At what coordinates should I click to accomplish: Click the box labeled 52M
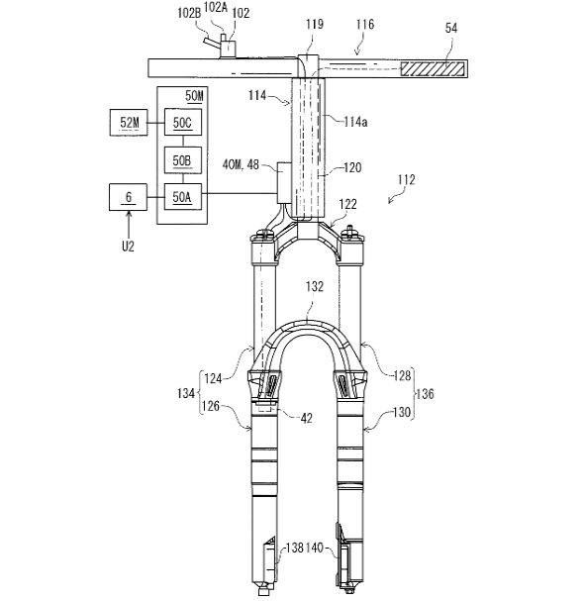tap(129, 122)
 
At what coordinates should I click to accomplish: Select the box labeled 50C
tap(183, 122)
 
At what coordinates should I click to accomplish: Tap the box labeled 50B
tap(183, 159)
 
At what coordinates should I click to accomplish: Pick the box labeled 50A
tap(183, 197)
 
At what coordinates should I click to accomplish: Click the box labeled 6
tap(128, 197)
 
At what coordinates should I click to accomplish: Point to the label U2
tap(128, 247)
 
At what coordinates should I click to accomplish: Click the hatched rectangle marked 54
tap(433, 68)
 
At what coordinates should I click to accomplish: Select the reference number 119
tap(315, 24)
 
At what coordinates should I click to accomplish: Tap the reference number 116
tap(364, 25)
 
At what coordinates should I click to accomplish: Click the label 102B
tap(189, 13)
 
